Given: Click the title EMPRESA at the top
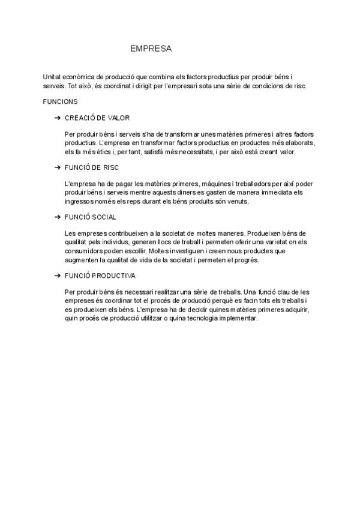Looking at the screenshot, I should [x=151, y=49].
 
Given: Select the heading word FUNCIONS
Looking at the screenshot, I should [x=61, y=102].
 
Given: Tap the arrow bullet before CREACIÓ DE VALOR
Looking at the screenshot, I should [x=57, y=118].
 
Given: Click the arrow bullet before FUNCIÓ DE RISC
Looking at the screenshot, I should [x=57, y=167].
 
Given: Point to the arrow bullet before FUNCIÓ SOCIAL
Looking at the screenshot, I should [x=57, y=217].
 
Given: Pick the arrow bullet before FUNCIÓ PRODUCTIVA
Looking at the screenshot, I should [x=57, y=276].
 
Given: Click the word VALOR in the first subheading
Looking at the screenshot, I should [x=119, y=118].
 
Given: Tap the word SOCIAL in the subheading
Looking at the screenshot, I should [x=104, y=217].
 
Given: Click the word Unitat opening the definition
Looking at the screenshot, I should [x=52, y=77].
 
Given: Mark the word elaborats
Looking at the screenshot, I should [x=301, y=143].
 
